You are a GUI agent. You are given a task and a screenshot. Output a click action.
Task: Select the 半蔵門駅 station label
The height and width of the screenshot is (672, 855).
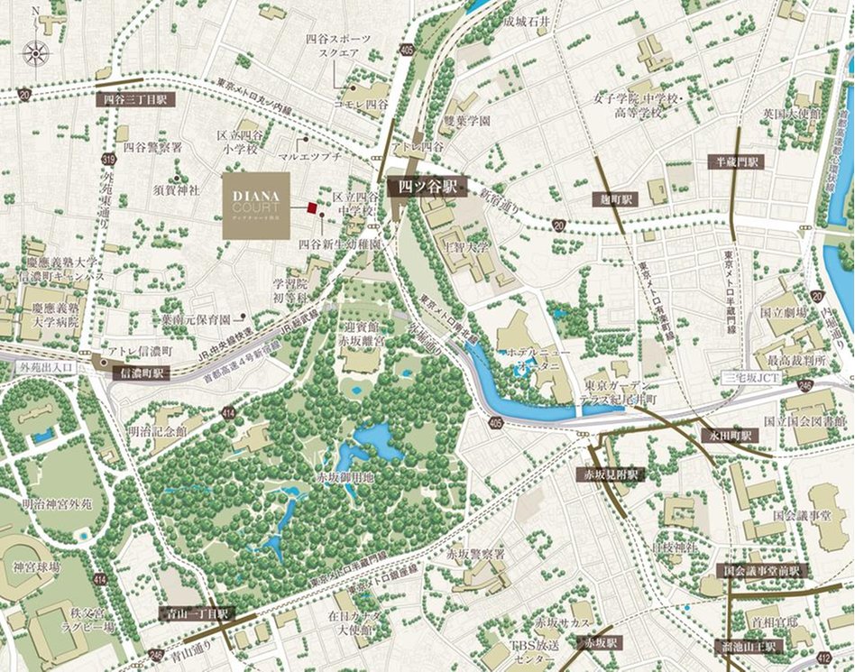tap(735, 161)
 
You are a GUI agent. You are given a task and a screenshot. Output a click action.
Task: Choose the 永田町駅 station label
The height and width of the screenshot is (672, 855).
tap(731, 435)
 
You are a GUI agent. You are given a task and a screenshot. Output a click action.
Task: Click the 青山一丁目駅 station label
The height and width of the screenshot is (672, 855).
tap(196, 613)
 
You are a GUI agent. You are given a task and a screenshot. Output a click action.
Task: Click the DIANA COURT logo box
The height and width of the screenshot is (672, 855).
tap(256, 206)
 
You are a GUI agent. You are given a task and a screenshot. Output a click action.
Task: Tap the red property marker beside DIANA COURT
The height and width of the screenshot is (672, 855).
tap(311, 207)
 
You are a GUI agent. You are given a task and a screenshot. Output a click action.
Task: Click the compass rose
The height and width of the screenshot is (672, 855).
tap(36, 51)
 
